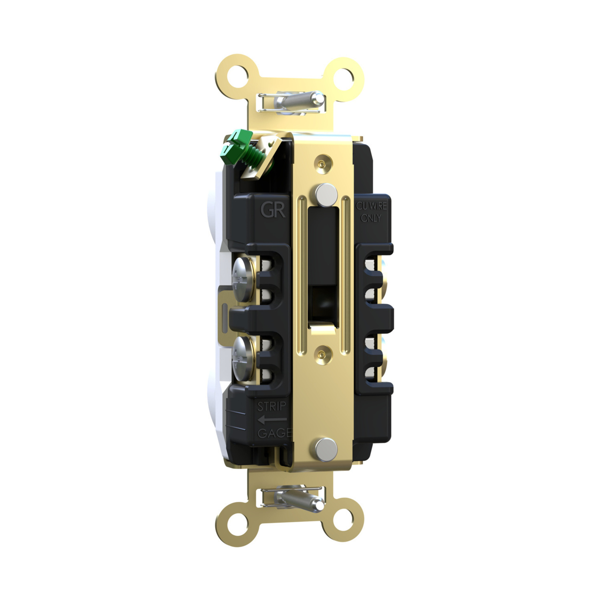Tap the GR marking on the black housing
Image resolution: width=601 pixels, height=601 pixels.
[273, 209]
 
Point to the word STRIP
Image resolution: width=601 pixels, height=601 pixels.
[271, 406]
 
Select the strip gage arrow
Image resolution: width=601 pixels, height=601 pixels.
[271, 419]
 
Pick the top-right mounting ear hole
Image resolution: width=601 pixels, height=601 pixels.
[346, 76]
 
